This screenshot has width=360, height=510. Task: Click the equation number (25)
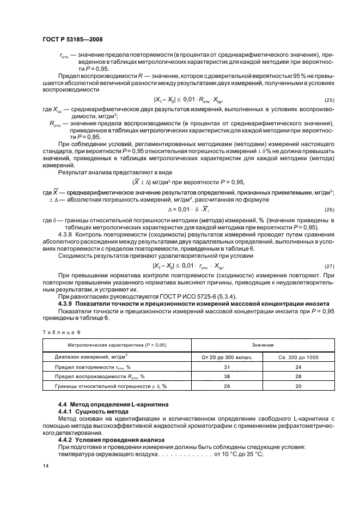pyautogui.click(x=328, y=101)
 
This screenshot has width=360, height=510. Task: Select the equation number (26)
pyautogui.click(x=328, y=210)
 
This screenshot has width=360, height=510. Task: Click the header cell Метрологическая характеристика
pyautogui.click(x=117, y=345)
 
